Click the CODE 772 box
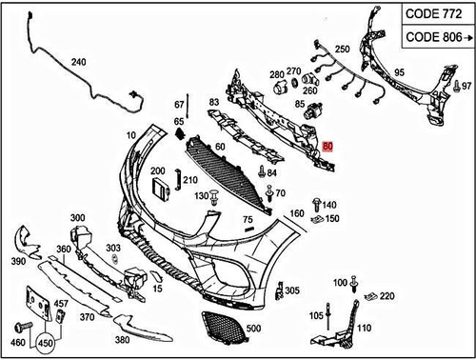(x=430, y=15)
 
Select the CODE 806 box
(x=430, y=37)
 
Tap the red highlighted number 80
(x=328, y=147)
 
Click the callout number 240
(x=78, y=63)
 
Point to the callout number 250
(x=342, y=49)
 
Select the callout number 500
(x=252, y=329)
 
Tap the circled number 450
(x=45, y=342)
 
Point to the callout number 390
(x=17, y=260)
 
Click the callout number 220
(x=387, y=296)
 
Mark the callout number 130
(x=201, y=195)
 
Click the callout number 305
(x=292, y=290)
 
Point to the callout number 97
(x=466, y=86)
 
